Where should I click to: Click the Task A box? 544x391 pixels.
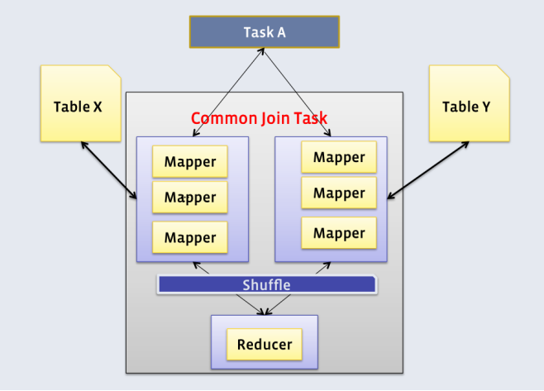265,32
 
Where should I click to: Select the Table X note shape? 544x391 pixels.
81,103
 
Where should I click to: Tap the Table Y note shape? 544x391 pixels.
470,103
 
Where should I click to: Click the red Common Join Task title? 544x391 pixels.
259,118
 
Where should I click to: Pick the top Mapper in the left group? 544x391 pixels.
190,162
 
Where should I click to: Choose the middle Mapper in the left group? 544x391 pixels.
190,197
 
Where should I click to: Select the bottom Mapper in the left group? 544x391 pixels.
190,237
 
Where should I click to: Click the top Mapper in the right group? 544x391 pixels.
339,157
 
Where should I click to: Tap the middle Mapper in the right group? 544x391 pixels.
339,193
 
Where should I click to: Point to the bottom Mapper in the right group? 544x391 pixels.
339,233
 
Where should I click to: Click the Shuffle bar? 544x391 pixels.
267,285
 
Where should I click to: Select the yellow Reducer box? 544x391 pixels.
265,345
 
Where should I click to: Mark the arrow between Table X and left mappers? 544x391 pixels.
109,170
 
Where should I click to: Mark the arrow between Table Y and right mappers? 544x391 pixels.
428,170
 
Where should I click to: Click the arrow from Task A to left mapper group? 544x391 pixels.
228,93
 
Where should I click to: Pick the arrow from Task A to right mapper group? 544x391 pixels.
297,93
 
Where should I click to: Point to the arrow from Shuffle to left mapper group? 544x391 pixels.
201,268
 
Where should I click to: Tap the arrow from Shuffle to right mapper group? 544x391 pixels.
323,268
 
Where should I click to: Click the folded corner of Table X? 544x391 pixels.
115,71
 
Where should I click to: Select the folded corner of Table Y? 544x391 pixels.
503,71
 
